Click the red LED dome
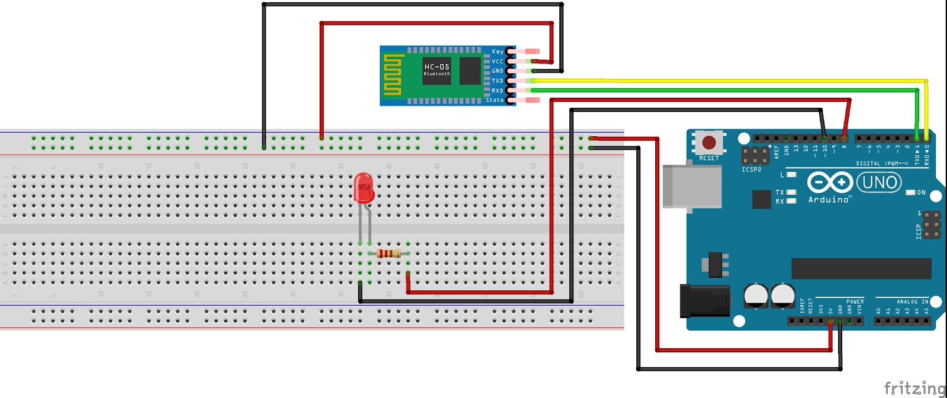pos(363,187)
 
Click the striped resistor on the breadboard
pos(388,253)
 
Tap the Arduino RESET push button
pos(708,142)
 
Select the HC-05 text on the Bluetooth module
pos(437,67)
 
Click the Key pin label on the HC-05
pos(498,52)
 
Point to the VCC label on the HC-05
pos(497,61)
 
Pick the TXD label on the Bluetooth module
pos(497,81)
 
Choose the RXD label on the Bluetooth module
pos(497,91)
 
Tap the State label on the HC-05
pos(495,100)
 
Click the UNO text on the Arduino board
pos(880,182)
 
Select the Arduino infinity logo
pos(830,182)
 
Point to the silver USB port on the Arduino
pos(691,187)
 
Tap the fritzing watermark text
pos(915,388)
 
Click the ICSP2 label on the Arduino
pos(752,170)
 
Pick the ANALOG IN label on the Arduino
pos(912,302)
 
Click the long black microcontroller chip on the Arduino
pos(861,268)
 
